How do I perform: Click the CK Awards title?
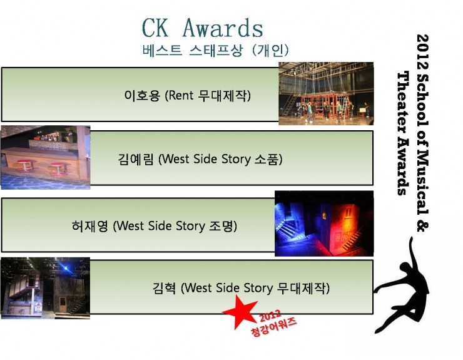coord(203,28)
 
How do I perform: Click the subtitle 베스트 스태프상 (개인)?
coord(216,51)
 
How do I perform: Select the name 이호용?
coord(142,95)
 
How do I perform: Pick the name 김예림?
coord(136,159)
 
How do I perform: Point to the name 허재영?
coord(89,226)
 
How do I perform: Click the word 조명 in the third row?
coord(221,226)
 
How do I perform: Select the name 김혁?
coord(164,288)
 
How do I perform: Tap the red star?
coord(240,312)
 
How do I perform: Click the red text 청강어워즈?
coord(273,327)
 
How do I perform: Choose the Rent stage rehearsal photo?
coord(326,93)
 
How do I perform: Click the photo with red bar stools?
coord(46,157)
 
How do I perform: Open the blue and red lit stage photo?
coord(324,224)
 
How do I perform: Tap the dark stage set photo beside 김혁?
coord(46,288)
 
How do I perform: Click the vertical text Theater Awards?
coord(403,133)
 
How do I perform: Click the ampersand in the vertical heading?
coord(422,225)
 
